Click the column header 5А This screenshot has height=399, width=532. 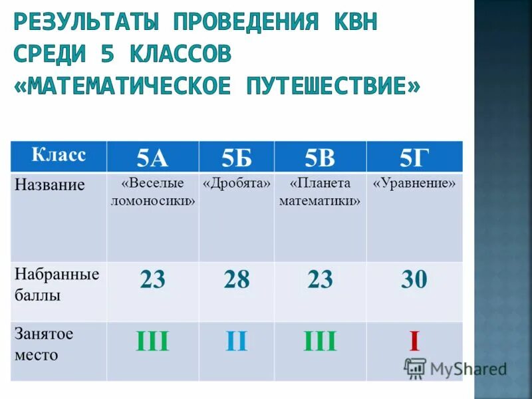(x=152, y=157)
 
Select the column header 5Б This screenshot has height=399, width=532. (x=236, y=157)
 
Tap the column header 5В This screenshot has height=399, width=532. (x=320, y=157)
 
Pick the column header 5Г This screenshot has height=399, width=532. (x=414, y=157)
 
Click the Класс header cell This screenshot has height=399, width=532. (x=59, y=156)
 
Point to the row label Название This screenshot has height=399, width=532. (x=50, y=185)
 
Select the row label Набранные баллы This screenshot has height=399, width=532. (x=57, y=284)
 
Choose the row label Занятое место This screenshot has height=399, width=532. (x=44, y=344)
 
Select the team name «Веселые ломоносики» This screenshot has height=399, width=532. (x=152, y=192)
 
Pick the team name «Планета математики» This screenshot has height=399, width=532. (x=320, y=192)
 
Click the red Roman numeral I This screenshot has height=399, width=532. (x=414, y=342)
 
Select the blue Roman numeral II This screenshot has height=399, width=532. (x=236, y=342)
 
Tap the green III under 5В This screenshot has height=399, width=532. (x=320, y=342)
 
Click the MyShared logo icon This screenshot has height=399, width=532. (x=415, y=368)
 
